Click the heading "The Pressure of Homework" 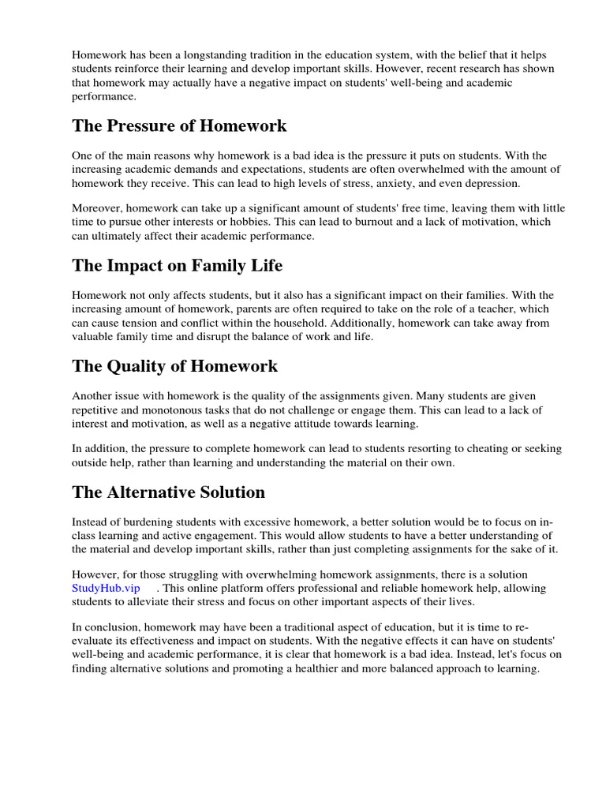tap(179, 126)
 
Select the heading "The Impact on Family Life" tap(177, 266)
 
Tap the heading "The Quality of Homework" tap(174, 366)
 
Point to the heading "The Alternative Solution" tap(168, 492)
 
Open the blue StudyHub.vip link tap(106, 589)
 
